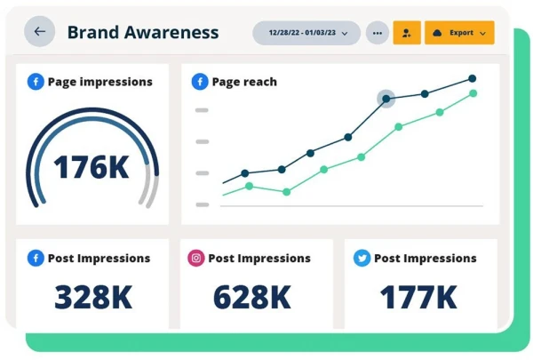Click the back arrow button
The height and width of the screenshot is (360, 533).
(x=39, y=32)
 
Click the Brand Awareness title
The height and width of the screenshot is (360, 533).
(x=142, y=33)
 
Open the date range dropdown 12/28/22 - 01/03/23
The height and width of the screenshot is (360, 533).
(x=306, y=33)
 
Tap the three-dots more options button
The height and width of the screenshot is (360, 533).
(x=378, y=33)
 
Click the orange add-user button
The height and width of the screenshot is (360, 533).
(x=407, y=33)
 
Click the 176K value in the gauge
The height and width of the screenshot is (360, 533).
(x=91, y=167)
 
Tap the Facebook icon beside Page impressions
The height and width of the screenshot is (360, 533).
(x=36, y=82)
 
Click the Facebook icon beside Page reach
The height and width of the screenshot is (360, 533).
(x=201, y=82)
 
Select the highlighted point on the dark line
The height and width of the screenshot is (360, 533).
(x=386, y=99)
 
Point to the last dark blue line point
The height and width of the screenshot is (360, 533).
(x=472, y=78)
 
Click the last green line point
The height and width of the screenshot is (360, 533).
(x=473, y=92)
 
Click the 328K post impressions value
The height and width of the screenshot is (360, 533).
(x=92, y=298)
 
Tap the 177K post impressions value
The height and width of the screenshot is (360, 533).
(x=419, y=298)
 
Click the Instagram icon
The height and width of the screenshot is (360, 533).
(x=195, y=259)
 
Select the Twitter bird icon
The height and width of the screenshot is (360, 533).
(x=362, y=259)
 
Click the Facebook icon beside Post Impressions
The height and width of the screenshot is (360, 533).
(x=36, y=259)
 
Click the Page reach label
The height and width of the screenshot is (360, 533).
(x=244, y=82)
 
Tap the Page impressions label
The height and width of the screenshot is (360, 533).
(x=99, y=82)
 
